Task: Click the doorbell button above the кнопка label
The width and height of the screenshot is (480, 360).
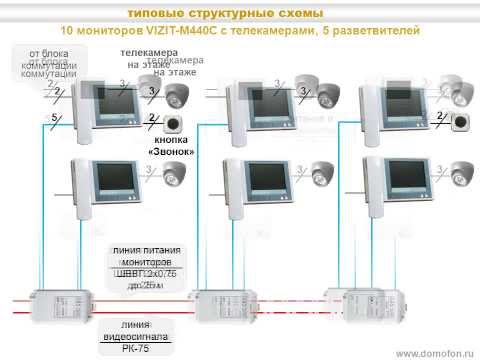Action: tap(177, 126)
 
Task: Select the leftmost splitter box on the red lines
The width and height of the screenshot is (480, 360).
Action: tap(61, 303)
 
